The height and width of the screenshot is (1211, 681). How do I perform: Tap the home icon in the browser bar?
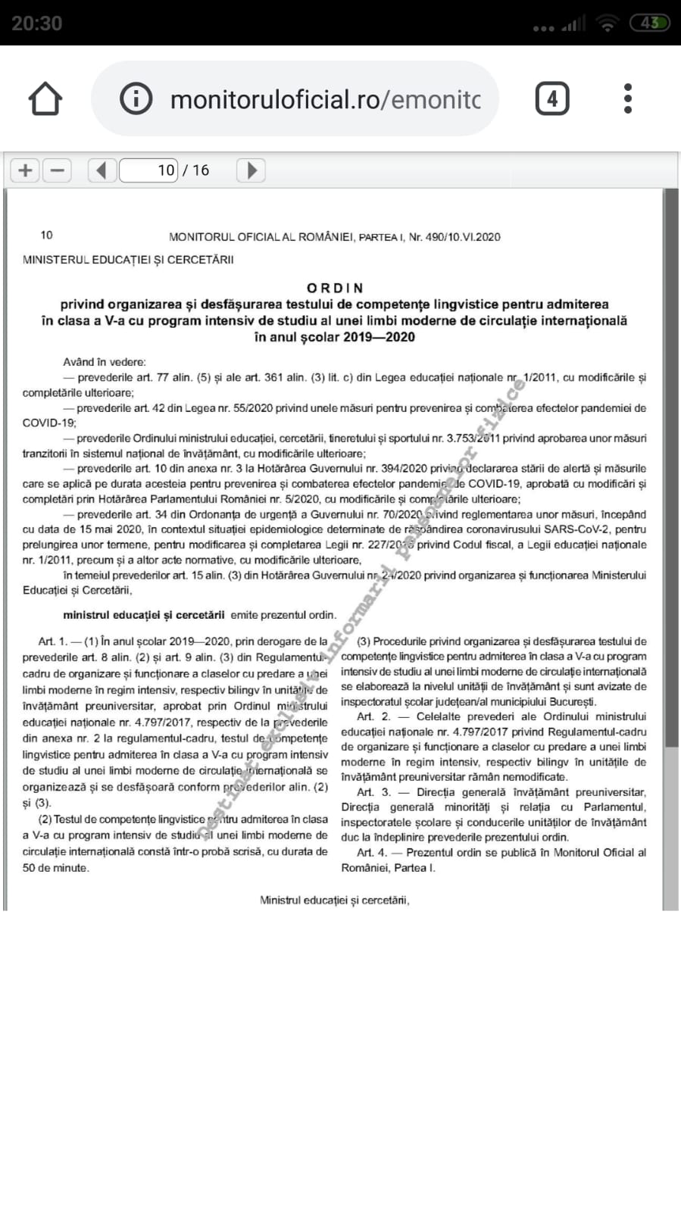[x=45, y=99]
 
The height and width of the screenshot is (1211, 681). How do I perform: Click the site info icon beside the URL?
[x=136, y=99]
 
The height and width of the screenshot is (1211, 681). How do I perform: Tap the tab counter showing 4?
[x=551, y=99]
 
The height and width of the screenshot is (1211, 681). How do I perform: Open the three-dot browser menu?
[x=627, y=99]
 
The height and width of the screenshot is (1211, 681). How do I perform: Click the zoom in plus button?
[x=25, y=170]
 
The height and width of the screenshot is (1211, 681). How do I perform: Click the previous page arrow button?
[x=102, y=170]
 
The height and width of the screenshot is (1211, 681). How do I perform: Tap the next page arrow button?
[x=251, y=170]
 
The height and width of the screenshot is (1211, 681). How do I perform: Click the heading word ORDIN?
[x=335, y=288]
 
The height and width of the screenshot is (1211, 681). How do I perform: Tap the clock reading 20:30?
[x=36, y=23]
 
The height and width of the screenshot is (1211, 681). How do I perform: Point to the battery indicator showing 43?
[x=650, y=23]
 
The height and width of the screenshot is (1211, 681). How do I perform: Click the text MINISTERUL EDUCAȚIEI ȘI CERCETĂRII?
[x=128, y=260]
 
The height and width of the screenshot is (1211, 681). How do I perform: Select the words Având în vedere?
[x=105, y=362]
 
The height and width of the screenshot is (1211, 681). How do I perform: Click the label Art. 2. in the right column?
[x=373, y=716]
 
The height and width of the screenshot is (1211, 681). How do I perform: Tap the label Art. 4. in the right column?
[x=372, y=853]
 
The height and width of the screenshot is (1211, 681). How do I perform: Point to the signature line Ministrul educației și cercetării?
[x=334, y=900]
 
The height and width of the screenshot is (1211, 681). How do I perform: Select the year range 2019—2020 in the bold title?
[x=379, y=337]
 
